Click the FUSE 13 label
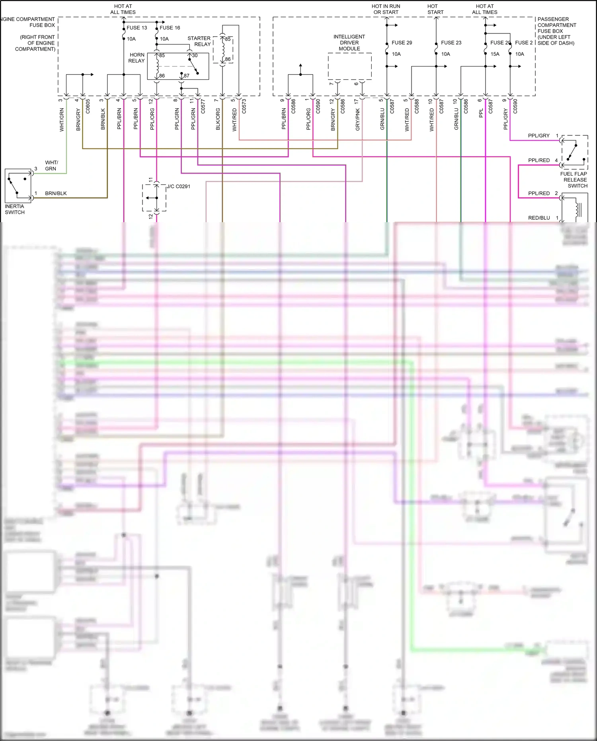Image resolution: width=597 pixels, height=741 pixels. (x=137, y=28)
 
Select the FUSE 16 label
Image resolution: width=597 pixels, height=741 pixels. (x=170, y=28)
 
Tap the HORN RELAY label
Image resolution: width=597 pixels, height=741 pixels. (x=137, y=58)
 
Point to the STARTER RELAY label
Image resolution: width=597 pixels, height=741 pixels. (x=199, y=41)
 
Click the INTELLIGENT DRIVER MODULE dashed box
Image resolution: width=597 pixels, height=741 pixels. (x=349, y=66)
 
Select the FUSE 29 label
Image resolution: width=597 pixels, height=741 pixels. (x=402, y=43)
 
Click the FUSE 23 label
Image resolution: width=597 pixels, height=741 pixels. (x=451, y=43)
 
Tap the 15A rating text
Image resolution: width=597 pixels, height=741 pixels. (x=495, y=54)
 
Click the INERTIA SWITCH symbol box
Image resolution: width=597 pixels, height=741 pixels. (x=18, y=186)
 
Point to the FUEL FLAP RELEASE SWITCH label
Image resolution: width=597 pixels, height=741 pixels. (x=574, y=180)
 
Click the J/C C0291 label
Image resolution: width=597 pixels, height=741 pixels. (x=178, y=186)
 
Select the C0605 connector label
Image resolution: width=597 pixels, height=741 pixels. (x=88, y=106)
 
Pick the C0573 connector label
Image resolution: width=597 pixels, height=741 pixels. (x=244, y=106)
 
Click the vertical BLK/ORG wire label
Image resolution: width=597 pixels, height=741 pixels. (x=218, y=119)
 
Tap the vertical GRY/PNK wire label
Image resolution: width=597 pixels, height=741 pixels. (x=357, y=119)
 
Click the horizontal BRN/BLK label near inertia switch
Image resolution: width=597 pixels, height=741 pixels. (x=56, y=194)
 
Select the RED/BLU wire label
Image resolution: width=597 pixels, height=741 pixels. (x=539, y=218)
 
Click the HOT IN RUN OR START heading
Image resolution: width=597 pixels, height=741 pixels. (x=386, y=9)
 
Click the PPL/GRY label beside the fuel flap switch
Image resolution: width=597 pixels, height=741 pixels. (x=538, y=136)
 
